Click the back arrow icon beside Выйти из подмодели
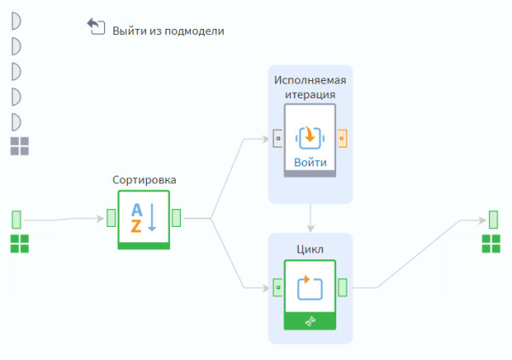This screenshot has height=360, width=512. (96, 26)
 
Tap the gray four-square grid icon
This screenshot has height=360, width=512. (20, 146)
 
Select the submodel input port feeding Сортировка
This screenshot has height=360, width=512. (16, 218)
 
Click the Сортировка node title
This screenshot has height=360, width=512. (144, 180)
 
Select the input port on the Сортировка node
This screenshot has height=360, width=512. (111, 218)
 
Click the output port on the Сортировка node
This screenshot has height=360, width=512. (177, 218)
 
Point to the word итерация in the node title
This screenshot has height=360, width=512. (310, 95)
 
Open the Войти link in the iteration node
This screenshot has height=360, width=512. (310, 162)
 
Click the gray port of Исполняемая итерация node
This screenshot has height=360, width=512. (277, 136)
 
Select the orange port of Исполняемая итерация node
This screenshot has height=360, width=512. (342, 136)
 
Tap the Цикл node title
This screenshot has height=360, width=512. (310, 249)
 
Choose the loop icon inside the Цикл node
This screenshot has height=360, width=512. (310, 287)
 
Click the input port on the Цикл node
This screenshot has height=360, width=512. (277, 287)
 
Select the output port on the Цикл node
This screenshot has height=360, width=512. (342, 287)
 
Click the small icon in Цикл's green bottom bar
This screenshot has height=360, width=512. (311, 321)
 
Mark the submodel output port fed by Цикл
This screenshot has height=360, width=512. (492, 218)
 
